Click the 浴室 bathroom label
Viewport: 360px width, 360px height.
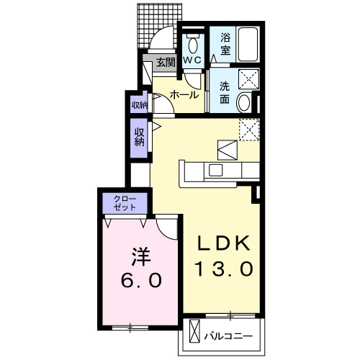[225, 43]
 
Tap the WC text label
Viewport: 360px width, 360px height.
[192, 61]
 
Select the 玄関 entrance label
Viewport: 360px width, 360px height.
[166, 62]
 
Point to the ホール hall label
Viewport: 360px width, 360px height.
[184, 94]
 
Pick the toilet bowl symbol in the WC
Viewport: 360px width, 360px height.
[192, 41]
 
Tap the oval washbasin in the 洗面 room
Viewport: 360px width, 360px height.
[245, 102]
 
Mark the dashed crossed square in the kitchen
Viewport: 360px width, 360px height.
[249, 129]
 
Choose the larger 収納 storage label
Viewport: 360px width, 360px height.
[138, 135]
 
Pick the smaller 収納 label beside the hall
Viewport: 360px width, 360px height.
[138, 104]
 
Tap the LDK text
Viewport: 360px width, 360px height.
[223, 243]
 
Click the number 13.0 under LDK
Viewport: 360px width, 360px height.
[223, 269]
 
